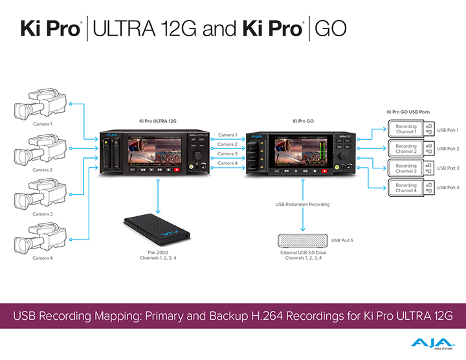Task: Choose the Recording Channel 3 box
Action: click(406, 167)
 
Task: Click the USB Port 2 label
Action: click(448, 149)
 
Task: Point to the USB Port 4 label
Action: click(448, 187)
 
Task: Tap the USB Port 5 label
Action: click(342, 241)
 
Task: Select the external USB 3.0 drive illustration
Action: click(302, 241)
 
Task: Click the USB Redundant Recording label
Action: click(302, 204)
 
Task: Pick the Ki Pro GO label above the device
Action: click(303, 121)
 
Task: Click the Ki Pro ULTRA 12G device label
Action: click(158, 121)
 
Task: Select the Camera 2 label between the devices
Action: click(227, 144)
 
